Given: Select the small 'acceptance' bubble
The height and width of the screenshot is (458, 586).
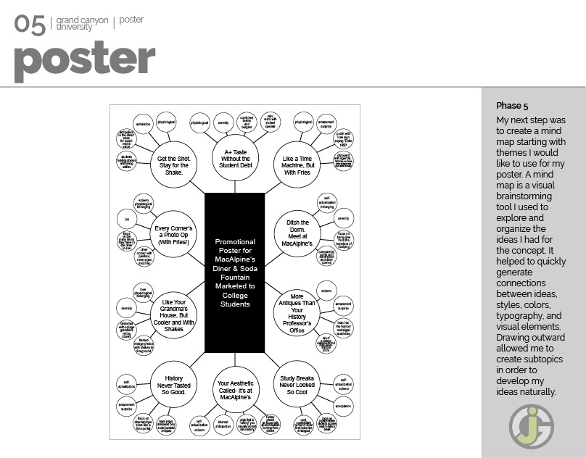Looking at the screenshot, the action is [x=342, y=407].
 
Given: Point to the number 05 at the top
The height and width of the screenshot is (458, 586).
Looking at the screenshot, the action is [x=30, y=24].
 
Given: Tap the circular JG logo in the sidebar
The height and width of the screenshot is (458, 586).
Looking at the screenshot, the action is [x=530, y=425].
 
